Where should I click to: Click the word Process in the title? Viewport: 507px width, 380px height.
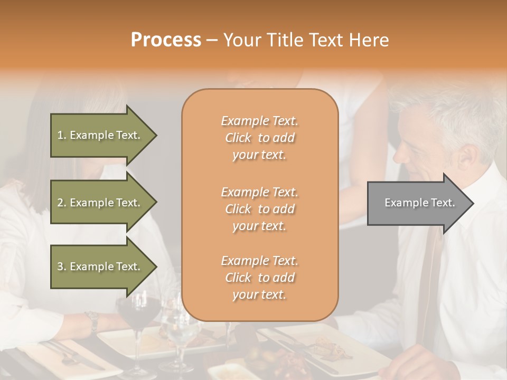tap(166, 40)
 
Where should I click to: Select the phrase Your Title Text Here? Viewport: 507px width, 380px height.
tap(306, 40)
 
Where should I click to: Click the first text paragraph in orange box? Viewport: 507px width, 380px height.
tap(259, 138)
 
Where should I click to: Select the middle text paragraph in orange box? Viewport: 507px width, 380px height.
tap(259, 209)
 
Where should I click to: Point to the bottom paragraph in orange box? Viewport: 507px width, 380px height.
tap(259, 278)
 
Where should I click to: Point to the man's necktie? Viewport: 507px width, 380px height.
tap(430, 274)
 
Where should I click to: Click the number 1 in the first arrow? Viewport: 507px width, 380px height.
tap(60, 135)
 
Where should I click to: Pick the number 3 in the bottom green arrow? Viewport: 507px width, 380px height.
tap(60, 267)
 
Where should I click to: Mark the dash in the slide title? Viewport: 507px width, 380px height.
tap(212, 41)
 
